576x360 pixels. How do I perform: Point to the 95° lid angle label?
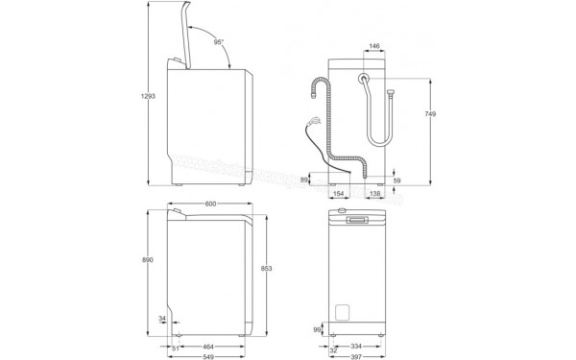[221, 41]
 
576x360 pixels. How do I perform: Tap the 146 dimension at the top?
[375, 45]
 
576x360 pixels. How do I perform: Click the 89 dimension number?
[306, 179]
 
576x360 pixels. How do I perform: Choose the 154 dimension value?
[339, 194]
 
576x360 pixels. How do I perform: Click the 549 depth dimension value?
[206, 357]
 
